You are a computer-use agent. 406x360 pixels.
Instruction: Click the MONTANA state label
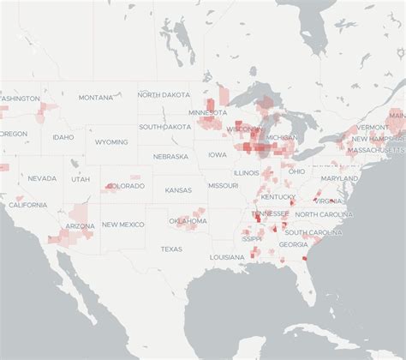coord(96,98)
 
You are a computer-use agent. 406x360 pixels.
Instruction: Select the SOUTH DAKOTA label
coord(165,127)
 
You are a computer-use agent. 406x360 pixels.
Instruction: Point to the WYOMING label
coord(111,142)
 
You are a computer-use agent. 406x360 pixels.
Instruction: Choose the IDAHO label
coord(63,137)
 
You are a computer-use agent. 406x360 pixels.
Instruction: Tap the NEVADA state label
coord(42,178)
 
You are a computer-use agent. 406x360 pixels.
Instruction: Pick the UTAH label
coord(81,179)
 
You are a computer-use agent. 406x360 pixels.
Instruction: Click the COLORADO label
coord(126,186)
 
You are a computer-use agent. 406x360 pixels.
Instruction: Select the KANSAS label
coord(178,190)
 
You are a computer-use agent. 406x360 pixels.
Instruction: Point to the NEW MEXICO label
coord(122,225)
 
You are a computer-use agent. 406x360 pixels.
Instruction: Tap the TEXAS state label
coord(171,249)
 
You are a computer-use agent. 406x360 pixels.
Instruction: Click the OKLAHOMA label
coord(188,221)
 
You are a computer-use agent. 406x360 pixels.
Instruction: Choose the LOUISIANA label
coord(227,257)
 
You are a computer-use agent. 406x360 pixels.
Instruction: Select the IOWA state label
coord(218,155)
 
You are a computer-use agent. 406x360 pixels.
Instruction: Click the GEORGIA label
coord(293,244)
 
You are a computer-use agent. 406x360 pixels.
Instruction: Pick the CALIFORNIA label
coord(28,205)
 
